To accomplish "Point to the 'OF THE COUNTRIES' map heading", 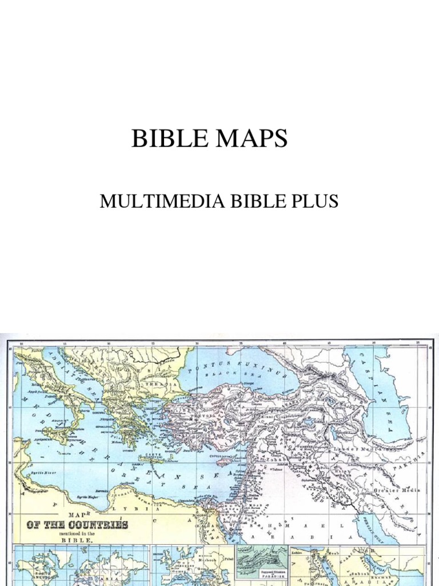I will click(x=77, y=524).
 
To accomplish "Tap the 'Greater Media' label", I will click(x=397, y=490).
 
